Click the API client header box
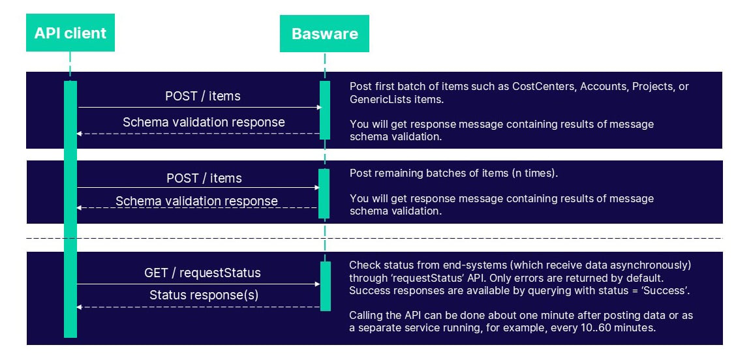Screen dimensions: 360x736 click(x=70, y=33)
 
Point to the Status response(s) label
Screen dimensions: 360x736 click(x=204, y=295)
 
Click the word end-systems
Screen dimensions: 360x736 click(x=464, y=265)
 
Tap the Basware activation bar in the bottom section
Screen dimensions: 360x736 click(x=325, y=285)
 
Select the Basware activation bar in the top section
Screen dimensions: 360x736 click(x=325, y=110)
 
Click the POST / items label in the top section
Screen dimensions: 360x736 click(x=203, y=97)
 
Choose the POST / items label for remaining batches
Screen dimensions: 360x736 click(x=204, y=178)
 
